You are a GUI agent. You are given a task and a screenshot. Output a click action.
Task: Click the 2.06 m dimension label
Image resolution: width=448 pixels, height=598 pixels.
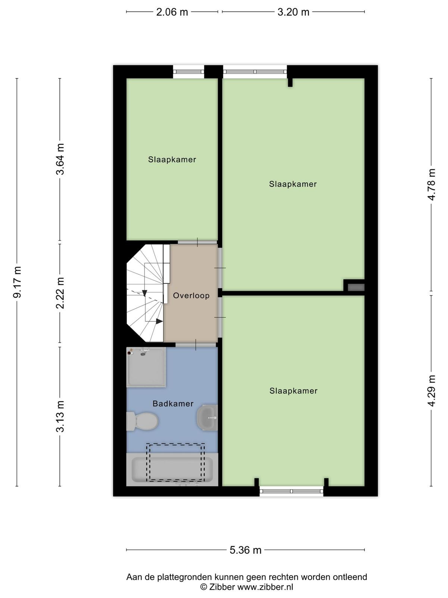pos(172,12)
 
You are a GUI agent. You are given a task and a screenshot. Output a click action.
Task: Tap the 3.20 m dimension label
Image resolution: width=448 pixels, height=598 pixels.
pos(293,12)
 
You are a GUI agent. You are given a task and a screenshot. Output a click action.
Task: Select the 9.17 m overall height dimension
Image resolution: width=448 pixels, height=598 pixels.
pos(17,282)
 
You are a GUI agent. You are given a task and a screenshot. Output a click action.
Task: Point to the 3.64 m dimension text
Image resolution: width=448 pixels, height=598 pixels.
pos(60,159)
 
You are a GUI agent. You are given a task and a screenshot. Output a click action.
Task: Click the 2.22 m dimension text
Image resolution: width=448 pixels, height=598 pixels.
pos(60,293)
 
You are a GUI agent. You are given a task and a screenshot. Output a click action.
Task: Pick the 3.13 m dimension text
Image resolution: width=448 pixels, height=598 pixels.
pos(60,416)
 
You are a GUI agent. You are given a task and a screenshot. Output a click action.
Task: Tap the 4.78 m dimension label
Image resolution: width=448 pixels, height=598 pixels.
pos(432,184)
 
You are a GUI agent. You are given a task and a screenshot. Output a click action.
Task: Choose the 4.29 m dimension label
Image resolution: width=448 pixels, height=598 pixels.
pos(432,391)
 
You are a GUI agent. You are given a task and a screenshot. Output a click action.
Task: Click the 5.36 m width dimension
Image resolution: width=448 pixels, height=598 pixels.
pos(245,550)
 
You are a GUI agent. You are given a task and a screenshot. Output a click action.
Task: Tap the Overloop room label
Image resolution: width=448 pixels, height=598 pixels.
pos(191,296)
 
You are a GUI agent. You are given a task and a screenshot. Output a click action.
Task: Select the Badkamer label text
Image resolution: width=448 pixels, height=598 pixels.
pos(173,404)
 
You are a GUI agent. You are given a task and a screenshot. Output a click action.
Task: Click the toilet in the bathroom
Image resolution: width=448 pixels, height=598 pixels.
pos(143,421)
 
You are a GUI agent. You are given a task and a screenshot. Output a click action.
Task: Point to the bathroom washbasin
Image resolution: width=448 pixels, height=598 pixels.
pos(207,417)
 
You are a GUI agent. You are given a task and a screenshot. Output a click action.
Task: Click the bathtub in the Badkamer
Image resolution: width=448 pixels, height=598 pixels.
pos(172,469)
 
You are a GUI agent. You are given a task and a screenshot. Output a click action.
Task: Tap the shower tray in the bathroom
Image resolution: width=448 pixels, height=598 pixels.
pos(146,367)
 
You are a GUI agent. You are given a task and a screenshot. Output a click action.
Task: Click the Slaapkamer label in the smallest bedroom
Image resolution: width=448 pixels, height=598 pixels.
pos(172,159)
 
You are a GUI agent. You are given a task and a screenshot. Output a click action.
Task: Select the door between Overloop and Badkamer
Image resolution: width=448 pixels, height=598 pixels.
pos(196,345)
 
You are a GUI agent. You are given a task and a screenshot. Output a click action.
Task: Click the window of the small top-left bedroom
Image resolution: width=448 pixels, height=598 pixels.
pos(189,72)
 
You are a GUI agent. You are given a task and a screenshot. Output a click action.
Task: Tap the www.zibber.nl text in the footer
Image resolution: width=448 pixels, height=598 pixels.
pos(265,586)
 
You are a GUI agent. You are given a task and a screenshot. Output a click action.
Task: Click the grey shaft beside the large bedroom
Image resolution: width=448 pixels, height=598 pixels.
pos(356,287)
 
